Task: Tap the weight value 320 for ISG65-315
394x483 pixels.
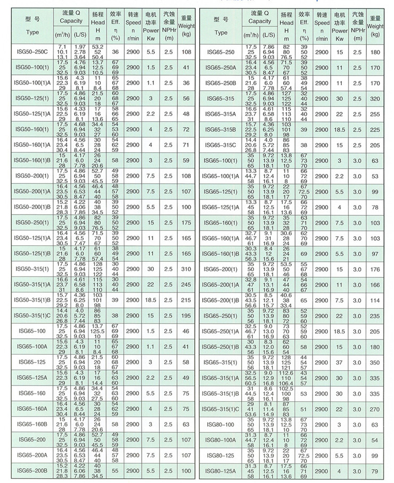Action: point(376,99)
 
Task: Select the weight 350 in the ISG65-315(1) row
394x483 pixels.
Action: point(376,362)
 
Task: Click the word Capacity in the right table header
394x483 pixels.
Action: point(258,22)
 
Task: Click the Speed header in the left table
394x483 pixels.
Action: point(133,24)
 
